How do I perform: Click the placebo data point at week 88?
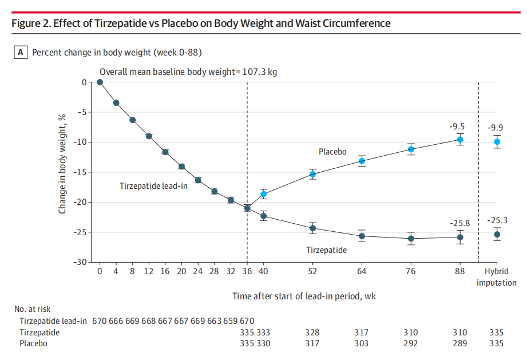pyautogui.click(x=459, y=140)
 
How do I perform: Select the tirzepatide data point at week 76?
pyautogui.click(x=411, y=239)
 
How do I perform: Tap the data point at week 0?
pyautogui.click(x=100, y=82)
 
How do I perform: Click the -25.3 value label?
pyautogui.click(x=496, y=220)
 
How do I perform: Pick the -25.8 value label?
pyautogui.click(x=459, y=223)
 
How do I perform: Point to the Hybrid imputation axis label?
pyautogui.click(x=497, y=278)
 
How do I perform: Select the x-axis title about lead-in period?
pyautogui.click(x=303, y=296)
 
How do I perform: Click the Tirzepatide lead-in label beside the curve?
pyautogui.click(x=153, y=186)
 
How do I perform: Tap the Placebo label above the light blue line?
pyautogui.click(x=332, y=152)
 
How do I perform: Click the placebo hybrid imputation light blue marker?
pyautogui.click(x=497, y=142)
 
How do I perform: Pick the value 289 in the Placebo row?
pyautogui.click(x=459, y=343)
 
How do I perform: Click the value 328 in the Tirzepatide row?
pyautogui.click(x=312, y=333)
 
